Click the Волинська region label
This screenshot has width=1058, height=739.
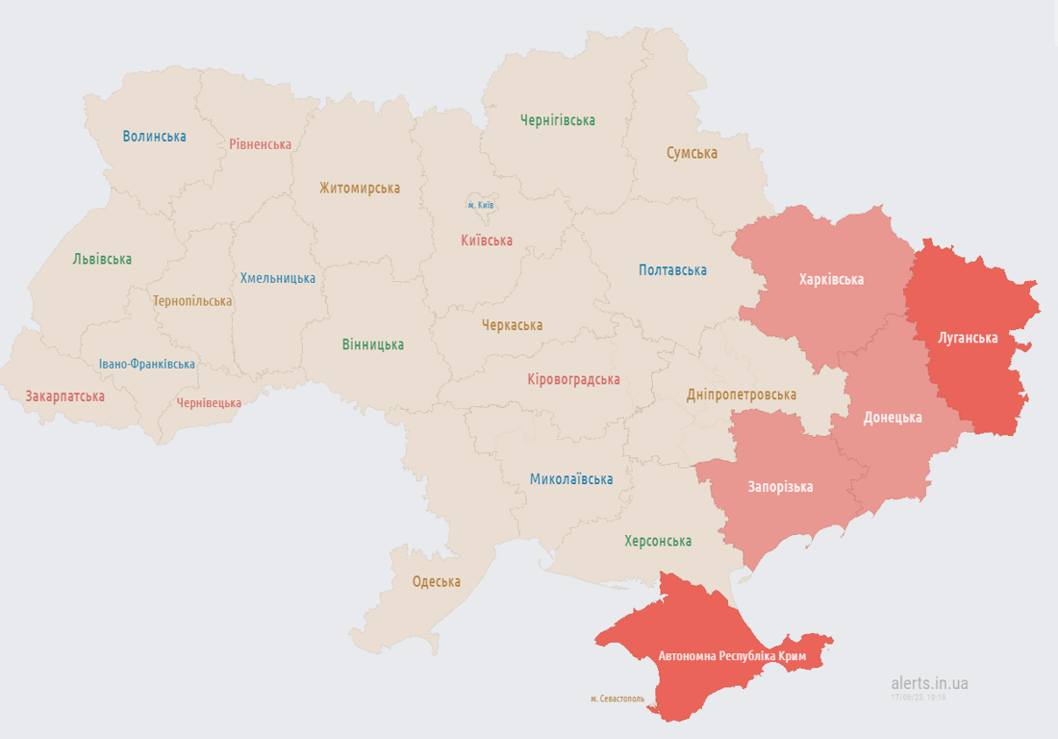[154, 137]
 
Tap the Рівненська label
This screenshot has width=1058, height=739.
[260, 144]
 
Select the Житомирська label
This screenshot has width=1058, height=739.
[360, 189]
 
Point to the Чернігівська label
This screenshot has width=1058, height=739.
[557, 120]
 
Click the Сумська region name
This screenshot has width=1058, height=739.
[692, 153]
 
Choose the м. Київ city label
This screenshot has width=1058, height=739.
[481, 205]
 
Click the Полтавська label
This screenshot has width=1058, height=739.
[672, 270]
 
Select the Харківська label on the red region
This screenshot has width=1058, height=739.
[831, 280]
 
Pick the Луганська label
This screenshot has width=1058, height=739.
[968, 338]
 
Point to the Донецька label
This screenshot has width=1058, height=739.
[893, 418]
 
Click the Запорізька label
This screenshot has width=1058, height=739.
[780, 487]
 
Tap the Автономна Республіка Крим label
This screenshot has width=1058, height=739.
[739, 656]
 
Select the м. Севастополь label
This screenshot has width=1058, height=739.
[617, 699]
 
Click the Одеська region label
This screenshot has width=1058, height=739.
[436, 581]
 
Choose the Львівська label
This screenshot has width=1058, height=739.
[102, 259]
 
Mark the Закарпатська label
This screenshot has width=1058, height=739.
[65, 395]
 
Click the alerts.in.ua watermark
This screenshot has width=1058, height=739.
[929, 683]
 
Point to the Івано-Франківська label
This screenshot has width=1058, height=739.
[146, 364]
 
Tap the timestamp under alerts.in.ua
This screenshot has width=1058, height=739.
[918, 697]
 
